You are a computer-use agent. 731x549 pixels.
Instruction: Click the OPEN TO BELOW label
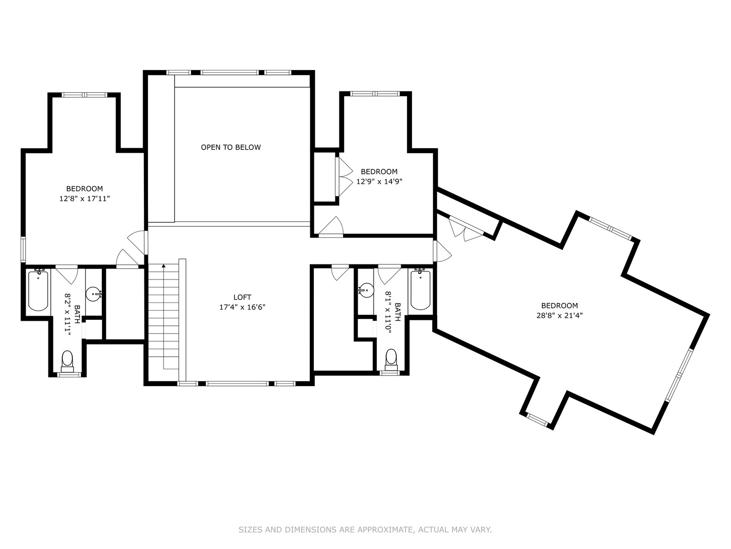[231, 147]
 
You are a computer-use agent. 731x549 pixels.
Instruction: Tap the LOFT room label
[242, 297]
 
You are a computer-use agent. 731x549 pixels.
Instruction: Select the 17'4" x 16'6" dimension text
[242, 307]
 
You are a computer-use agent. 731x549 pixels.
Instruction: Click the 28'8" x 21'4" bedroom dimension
[560, 315]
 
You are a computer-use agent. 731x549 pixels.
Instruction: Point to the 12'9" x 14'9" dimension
[379, 182]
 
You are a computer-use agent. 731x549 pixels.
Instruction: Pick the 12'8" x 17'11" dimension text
[85, 199]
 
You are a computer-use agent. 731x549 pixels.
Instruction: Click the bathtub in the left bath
[38, 291]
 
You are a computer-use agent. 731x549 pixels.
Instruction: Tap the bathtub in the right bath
[420, 290]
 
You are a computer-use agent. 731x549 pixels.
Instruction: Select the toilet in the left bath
[67, 361]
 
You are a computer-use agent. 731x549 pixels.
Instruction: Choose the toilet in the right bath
[391, 360]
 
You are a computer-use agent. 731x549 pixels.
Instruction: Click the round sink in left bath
[93, 294]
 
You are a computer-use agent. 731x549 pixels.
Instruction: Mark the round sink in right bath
[366, 291]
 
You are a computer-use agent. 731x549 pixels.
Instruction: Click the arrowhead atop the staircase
[164, 266]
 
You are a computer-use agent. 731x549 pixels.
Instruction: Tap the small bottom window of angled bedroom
[537, 420]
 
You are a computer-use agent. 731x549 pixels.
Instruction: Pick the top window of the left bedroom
[85, 95]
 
